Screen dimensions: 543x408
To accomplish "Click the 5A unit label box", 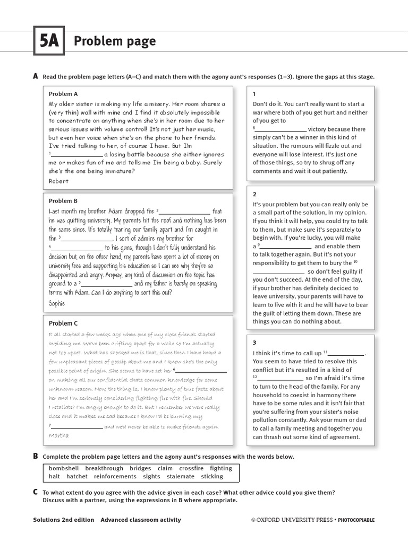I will (48, 41).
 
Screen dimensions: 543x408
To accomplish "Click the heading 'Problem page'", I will (115, 41).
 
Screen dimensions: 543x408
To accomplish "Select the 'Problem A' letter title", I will (63, 94).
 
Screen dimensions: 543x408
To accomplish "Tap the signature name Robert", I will (58, 181).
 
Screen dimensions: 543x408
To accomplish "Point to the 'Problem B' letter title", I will (63, 201).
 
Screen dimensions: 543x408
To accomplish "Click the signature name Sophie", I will (57, 303).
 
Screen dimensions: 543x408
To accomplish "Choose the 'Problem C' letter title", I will (63, 323).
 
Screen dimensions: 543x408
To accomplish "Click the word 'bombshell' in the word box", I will (64, 468).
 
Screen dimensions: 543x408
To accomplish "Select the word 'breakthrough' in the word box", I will (104, 468).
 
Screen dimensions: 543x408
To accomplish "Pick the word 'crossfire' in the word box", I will (191, 468).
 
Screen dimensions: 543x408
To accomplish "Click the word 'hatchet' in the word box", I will (78, 477).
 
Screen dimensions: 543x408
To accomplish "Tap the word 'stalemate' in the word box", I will (180, 477).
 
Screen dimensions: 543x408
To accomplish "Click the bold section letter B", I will (36, 456).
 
